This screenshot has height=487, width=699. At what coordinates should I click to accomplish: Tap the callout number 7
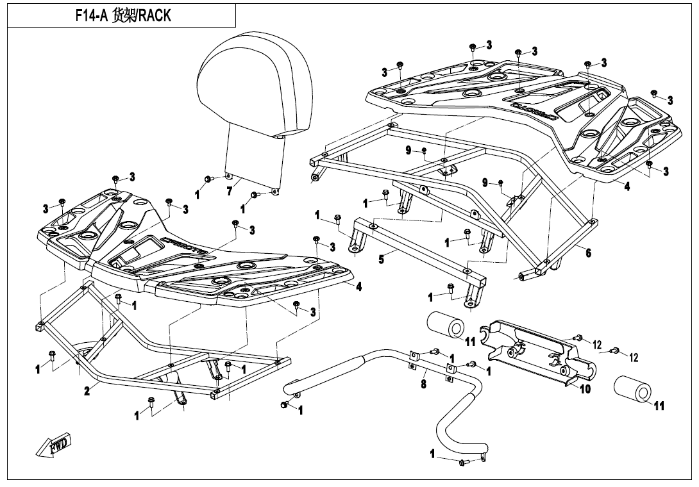[229, 192]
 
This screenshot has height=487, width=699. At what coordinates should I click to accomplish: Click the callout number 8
[423, 385]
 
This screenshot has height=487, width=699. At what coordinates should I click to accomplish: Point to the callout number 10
[585, 389]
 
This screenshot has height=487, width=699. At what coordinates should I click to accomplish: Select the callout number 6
[588, 252]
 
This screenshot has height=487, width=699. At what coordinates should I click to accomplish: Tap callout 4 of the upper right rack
[627, 187]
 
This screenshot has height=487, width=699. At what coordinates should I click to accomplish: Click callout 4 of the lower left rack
[358, 287]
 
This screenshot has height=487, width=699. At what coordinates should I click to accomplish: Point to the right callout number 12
[634, 357]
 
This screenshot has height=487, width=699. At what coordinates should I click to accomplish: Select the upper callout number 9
[408, 150]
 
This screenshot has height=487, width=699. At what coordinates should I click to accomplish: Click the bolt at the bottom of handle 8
[462, 463]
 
